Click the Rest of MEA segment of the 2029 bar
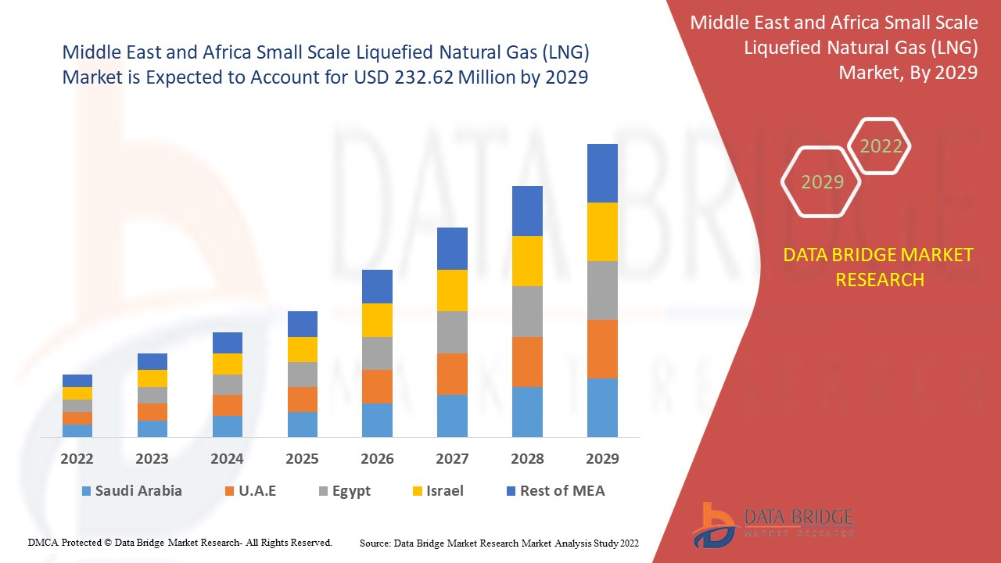click(x=602, y=173)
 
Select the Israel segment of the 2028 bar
click(x=527, y=260)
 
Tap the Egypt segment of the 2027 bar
click(x=452, y=332)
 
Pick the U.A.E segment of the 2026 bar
click(x=377, y=386)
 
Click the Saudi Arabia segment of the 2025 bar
click(x=303, y=424)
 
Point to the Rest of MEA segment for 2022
click(x=77, y=381)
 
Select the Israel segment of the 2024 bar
click(x=228, y=364)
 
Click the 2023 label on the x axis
click(x=152, y=459)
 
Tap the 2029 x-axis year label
click(x=602, y=459)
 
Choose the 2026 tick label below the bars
click(x=377, y=459)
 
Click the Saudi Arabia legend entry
click(x=131, y=491)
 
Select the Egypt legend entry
click(x=344, y=491)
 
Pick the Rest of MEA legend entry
click(x=555, y=491)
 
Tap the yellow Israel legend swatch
click(x=418, y=491)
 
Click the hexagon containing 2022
click(x=880, y=146)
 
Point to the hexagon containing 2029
click(x=821, y=182)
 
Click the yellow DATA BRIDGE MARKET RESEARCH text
click(x=879, y=267)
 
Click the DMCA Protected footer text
click(x=180, y=542)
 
